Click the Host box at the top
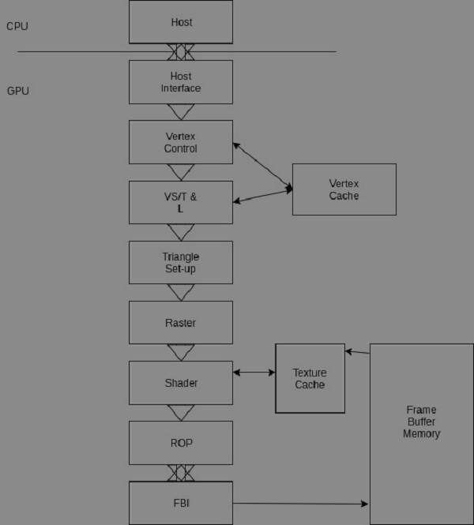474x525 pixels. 181,22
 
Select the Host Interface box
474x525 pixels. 181,82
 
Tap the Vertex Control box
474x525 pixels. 181,142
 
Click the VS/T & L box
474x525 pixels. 181,203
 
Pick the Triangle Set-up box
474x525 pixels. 181,263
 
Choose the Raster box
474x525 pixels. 181,322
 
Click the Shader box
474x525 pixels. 181,383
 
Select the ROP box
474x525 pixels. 181,443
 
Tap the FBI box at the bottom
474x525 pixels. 181,503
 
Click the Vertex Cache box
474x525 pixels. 344,189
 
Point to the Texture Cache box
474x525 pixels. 310,378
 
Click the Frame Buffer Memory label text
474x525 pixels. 421,422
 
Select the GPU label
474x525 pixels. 18,92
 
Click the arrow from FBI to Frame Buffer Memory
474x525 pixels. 300,503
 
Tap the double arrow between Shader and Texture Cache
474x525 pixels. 254,372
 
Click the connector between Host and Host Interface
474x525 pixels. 181,52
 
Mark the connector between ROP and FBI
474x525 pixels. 181,473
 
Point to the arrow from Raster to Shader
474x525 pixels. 181,352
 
